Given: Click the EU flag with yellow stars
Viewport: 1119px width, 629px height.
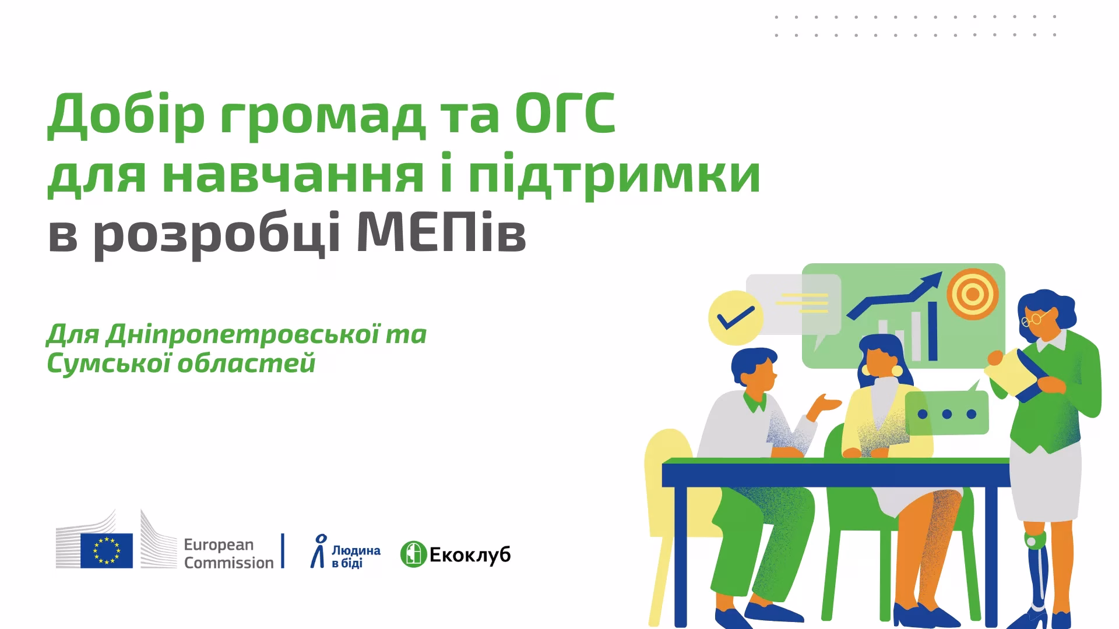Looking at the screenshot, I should (107, 550).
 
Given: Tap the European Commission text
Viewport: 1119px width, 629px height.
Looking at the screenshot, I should (228, 553).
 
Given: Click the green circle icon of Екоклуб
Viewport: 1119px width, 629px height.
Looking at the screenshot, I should (413, 554).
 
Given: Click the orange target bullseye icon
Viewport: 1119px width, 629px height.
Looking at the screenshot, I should (972, 294).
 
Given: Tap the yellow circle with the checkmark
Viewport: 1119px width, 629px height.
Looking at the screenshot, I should (736, 318).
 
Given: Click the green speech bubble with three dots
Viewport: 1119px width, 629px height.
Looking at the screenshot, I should (947, 414).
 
